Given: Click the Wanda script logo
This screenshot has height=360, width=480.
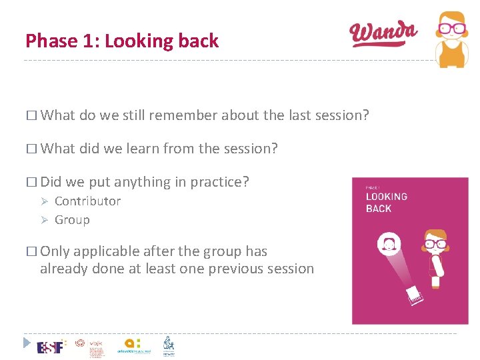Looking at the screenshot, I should [383, 33].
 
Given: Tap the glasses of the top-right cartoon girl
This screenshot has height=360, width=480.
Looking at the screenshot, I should [452, 29].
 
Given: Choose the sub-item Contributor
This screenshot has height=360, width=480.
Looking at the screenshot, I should [87, 201].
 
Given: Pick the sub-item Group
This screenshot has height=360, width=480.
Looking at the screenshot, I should [72, 220].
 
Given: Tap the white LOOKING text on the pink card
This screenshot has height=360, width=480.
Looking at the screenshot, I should [387, 197].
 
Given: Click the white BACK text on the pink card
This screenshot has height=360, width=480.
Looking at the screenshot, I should [379, 209].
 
